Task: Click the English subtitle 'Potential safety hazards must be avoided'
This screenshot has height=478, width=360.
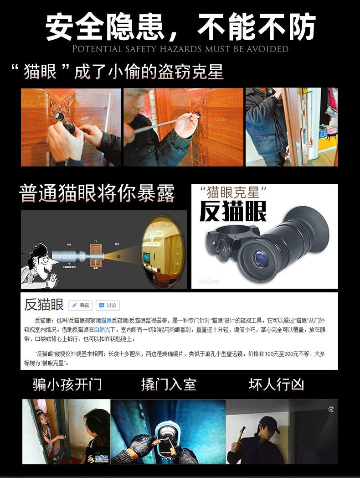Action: (180, 49)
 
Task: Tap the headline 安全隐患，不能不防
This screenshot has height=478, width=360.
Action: (180, 26)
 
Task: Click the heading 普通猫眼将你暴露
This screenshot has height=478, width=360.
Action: (97, 193)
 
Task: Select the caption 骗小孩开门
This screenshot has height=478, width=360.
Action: (67, 384)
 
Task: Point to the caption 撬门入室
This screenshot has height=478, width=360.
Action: (169, 384)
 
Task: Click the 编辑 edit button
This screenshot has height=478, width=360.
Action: (81, 305)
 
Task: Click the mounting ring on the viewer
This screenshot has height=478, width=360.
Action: (223, 237)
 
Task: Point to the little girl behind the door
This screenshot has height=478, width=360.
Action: (46, 429)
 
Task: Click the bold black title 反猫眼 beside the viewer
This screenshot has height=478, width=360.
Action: (233, 210)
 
